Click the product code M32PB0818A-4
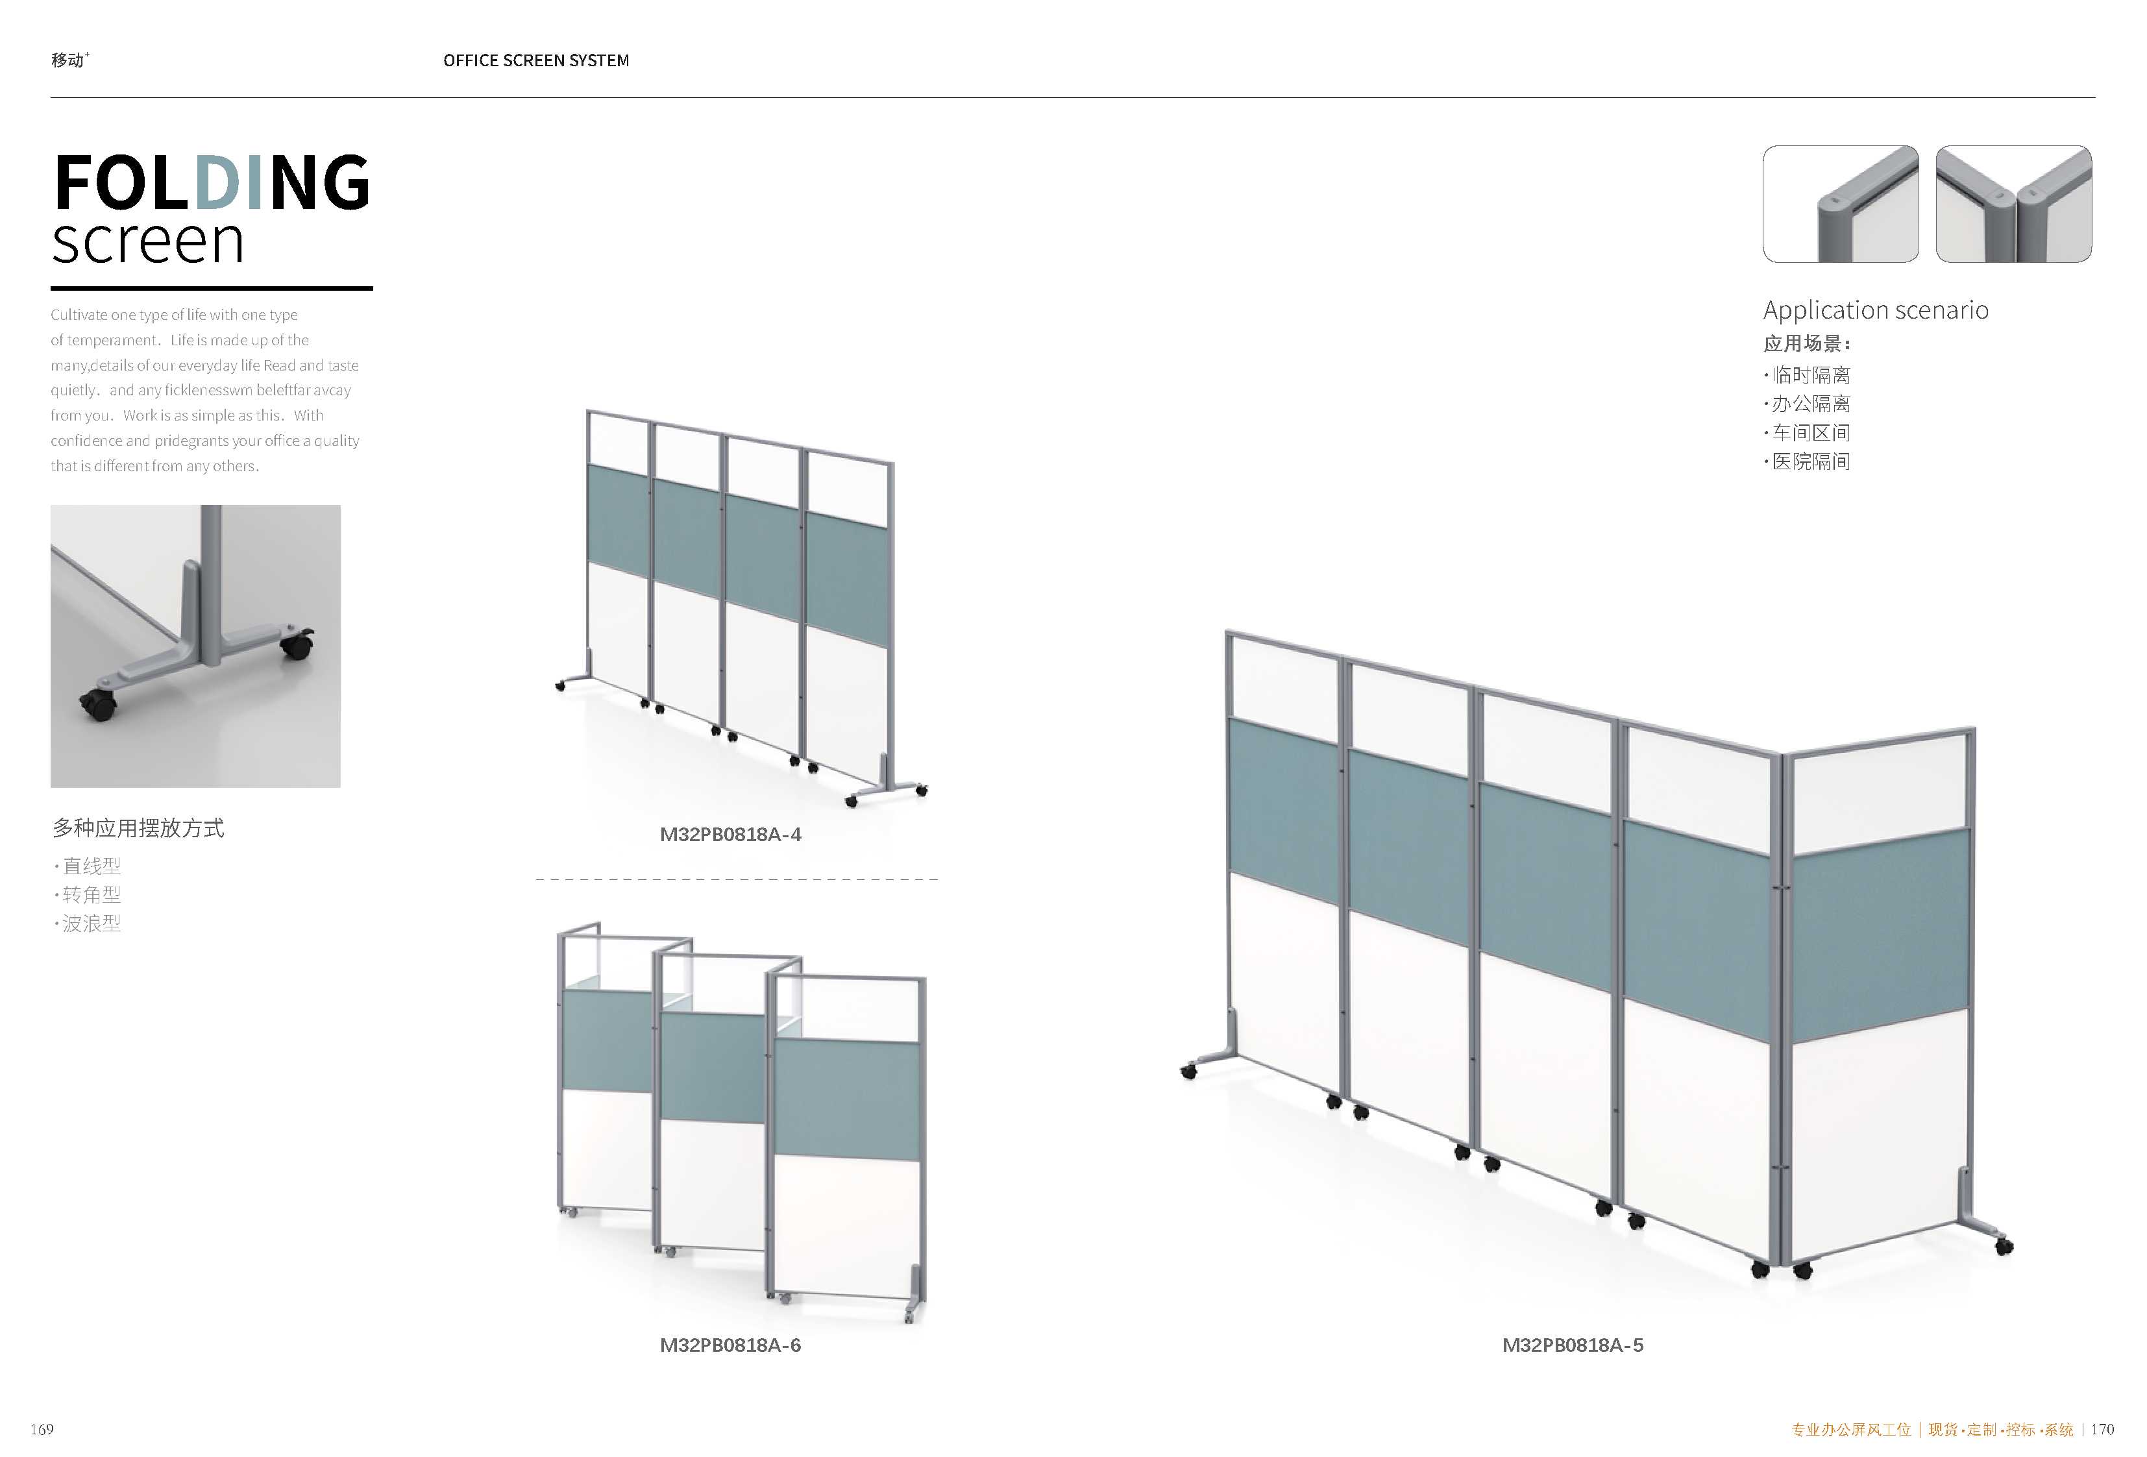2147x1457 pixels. point(730,835)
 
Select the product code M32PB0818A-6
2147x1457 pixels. point(730,1345)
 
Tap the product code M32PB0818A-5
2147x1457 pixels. point(1573,1345)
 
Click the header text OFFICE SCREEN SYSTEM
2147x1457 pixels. point(536,61)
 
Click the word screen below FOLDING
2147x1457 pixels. point(148,242)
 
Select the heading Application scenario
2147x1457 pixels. point(1876,310)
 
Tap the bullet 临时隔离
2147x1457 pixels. point(1808,375)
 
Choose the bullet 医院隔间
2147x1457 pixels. point(1808,461)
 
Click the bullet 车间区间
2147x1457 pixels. point(1808,432)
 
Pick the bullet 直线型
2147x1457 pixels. point(88,866)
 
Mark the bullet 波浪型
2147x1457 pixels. point(88,923)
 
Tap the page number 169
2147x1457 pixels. point(42,1429)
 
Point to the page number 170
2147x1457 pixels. point(2103,1429)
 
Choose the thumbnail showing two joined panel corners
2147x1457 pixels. point(2014,204)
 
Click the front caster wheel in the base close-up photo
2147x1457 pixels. point(99,705)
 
